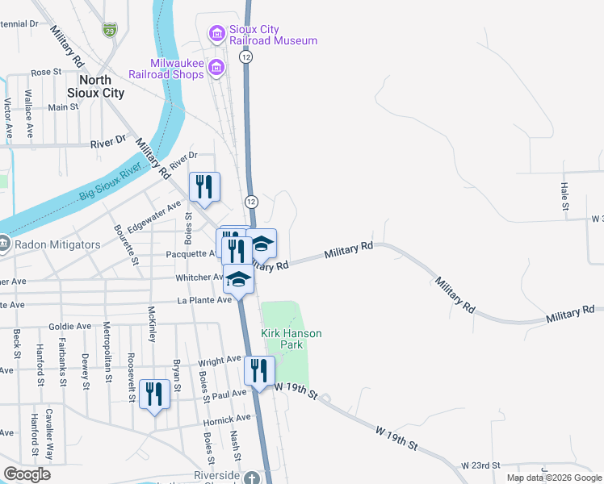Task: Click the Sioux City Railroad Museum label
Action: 272,35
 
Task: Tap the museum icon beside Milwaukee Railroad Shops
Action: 216,68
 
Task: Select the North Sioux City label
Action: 101,86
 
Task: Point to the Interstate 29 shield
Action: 109,30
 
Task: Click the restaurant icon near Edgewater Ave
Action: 204,186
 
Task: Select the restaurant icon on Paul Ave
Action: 154,394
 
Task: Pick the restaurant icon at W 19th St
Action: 259,370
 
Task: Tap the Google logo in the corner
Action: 26,474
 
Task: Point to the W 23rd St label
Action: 481,465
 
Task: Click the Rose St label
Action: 46,72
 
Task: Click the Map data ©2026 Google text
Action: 554,478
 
